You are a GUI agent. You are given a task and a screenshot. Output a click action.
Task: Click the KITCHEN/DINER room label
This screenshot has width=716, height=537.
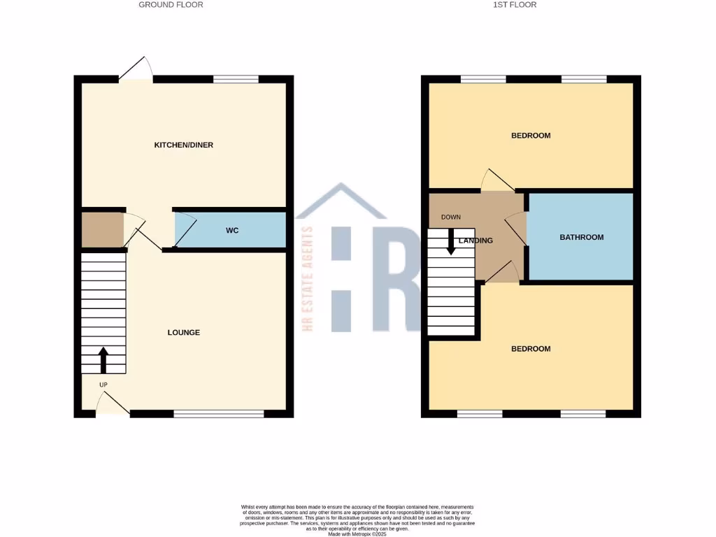[x=183, y=145]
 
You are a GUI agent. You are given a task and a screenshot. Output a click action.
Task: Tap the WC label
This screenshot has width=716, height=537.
[x=232, y=230]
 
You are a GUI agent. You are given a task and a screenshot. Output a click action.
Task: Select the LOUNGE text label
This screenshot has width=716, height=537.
[x=183, y=332]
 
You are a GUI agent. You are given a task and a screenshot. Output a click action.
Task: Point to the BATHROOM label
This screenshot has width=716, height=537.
[x=581, y=237]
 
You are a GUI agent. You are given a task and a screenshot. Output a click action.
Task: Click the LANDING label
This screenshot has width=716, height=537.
[x=475, y=241]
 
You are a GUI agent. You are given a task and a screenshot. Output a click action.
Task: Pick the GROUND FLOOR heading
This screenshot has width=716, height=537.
[x=171, y=5]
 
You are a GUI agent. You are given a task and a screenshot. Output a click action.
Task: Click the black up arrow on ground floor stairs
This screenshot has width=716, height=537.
[x=103, y=359]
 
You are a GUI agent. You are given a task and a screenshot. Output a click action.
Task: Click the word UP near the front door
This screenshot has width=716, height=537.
[x=103, y=385]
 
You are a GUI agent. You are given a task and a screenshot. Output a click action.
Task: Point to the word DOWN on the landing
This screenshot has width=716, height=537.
[x=451, y=217]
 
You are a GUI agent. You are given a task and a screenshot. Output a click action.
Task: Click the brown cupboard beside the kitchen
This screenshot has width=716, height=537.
[x=102, y=230]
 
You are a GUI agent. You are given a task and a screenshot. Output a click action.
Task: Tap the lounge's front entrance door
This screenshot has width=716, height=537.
[x=112, y=404]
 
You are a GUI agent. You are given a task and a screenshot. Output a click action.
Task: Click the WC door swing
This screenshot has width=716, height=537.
[x=182, y=230]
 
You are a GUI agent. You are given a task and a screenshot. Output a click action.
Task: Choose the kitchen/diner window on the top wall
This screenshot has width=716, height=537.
[x=236, y=79]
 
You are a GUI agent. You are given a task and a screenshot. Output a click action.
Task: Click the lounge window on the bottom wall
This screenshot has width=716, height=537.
[x=219, y=414]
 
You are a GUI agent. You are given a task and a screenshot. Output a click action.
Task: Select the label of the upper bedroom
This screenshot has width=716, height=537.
[x=531, y=136]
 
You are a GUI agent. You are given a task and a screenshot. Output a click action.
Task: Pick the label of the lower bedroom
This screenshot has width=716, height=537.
[x=531, y=349]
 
